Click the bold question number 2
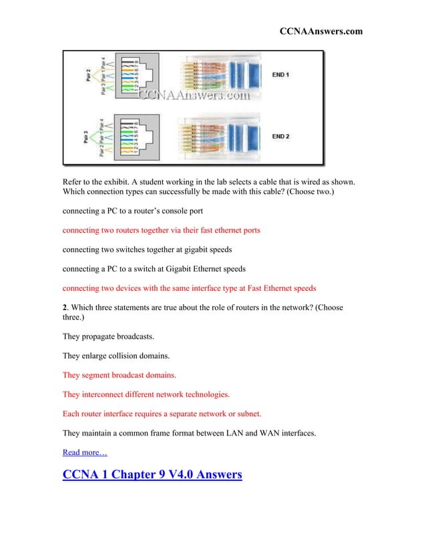click(x=65, y=308)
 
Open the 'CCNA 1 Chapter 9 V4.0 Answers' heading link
click(x=152, y=476)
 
